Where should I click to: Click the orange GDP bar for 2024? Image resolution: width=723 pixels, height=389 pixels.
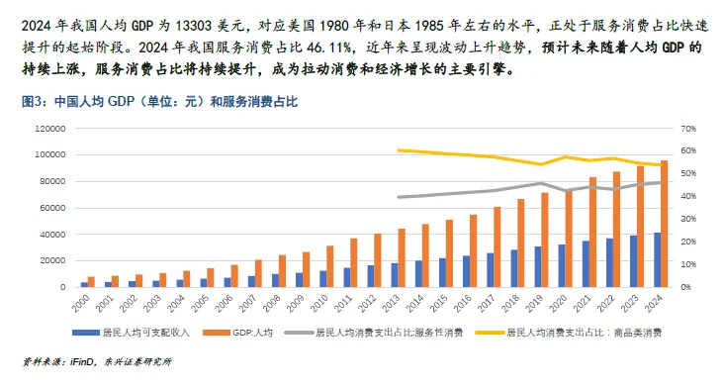coord(665,224)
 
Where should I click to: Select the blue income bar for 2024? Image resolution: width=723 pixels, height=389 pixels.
coord(657,260)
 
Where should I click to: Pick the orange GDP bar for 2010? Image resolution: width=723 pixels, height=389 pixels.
coord(329,266)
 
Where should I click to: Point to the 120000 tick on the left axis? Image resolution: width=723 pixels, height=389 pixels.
coord(48,128)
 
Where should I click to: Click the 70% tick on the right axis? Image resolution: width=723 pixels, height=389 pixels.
coord(687,128)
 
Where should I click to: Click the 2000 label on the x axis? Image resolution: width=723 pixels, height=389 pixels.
coord(86,302)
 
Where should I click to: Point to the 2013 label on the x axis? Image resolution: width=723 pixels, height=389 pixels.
coord(397,302)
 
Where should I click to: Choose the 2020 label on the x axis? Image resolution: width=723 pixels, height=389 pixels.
coord(564,302)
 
